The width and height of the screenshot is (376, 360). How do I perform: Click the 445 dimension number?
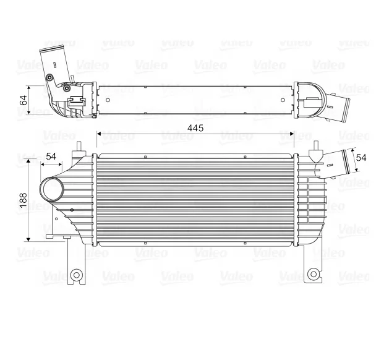[x=195, y=127]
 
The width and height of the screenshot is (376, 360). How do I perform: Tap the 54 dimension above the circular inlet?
[x=51, y=156]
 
